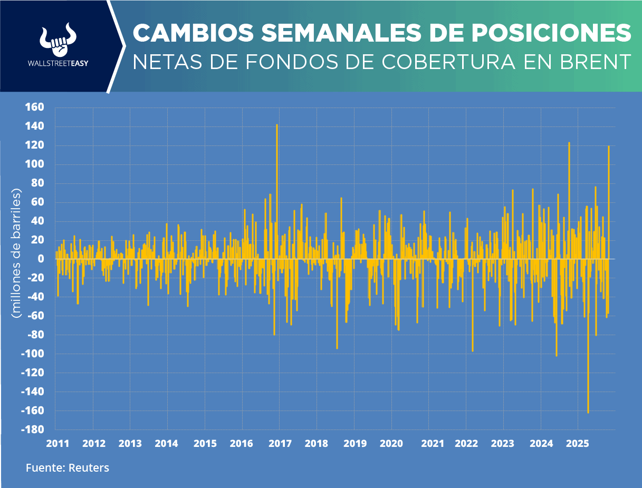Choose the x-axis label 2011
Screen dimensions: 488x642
58,443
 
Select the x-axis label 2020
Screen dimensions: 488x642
391,443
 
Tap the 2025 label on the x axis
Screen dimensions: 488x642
578,443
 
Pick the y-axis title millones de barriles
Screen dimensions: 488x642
17,253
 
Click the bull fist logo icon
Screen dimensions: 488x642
59,40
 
